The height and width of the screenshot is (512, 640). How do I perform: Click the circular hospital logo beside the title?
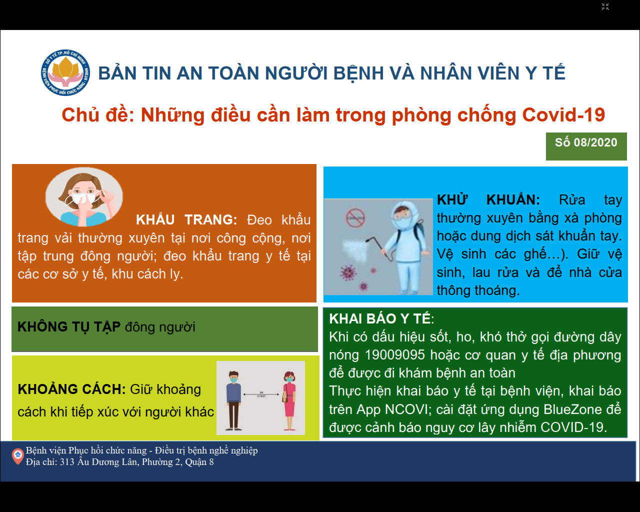pos(65,72)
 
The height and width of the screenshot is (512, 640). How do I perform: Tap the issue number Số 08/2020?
pos(586,142)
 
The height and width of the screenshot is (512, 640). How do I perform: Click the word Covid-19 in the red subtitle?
pos(563,114)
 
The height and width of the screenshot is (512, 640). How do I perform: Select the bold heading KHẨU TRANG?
pos(186,220)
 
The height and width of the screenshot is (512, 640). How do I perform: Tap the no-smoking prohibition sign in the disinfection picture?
pos(355,218)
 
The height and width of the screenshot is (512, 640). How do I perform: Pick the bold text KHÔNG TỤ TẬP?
pos(69,326)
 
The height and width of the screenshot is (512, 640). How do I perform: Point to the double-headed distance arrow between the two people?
pos(261,394)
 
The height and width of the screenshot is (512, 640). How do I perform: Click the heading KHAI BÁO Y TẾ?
pos(380,318)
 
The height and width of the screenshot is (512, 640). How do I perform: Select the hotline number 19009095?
pos(395,355)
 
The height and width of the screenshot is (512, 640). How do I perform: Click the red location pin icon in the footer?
pos(17,456)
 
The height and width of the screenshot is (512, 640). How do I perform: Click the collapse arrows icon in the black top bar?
pos(605,6)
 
